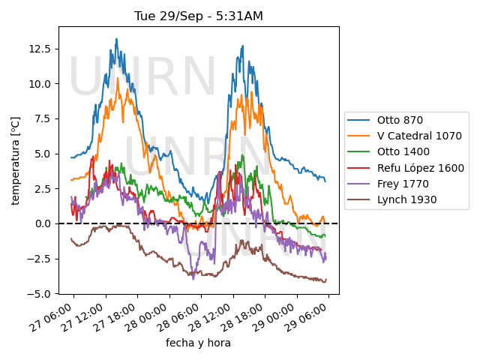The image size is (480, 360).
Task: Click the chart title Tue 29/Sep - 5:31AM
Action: coord(198,16)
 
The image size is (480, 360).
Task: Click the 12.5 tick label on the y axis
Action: coord(40,49)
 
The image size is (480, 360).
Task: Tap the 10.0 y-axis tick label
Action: coord(40,84)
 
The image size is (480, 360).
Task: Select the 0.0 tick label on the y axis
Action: coord(43,223)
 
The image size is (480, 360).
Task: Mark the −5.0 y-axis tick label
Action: coord(39,294)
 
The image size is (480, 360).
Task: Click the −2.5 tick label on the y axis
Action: coord(39,259)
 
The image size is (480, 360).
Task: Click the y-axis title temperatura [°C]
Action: coord(15,160)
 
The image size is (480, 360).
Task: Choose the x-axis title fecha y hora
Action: coord(198,343)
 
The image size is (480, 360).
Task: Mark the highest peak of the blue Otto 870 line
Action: coord(116,39)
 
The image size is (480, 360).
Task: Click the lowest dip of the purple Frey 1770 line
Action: coord(193,279)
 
